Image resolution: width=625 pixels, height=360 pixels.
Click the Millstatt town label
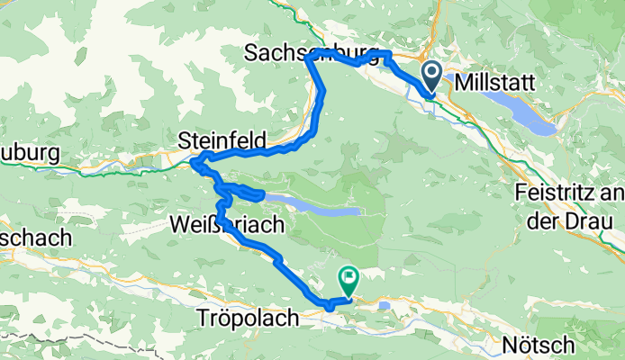[495, 82]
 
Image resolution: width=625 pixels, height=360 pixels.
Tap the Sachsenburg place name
[308, 54]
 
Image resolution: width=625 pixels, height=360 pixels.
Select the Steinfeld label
[222, 140]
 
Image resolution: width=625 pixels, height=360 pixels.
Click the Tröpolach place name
[240, 319]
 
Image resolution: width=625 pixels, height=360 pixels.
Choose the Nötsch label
[532, 344]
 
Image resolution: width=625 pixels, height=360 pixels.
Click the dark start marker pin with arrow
[430, 76]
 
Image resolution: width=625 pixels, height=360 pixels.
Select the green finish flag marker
[348, 280]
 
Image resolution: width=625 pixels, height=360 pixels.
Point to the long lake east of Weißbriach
[311, 207]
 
